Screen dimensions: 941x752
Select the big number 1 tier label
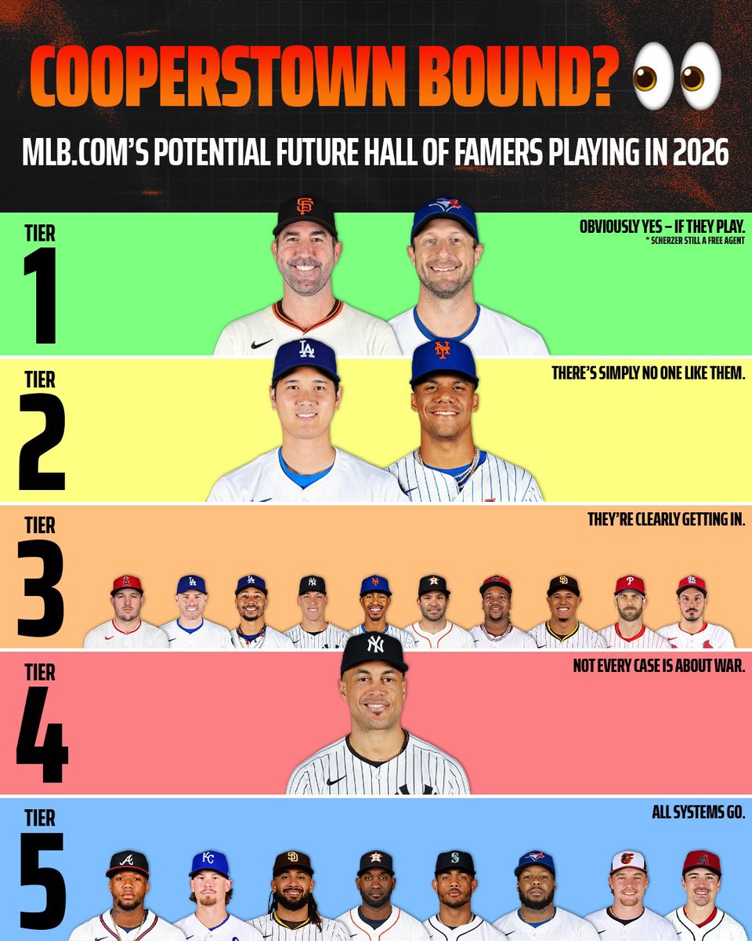(40, 295)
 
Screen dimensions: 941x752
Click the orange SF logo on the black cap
(305, 206)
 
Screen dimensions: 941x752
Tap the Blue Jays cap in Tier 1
(444, 215)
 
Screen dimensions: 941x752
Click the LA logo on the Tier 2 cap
(306, 350)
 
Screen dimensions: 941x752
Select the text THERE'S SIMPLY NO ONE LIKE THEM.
(648, 373)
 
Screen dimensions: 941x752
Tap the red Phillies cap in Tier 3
(630, 585)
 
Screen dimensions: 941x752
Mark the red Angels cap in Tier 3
(127, 583)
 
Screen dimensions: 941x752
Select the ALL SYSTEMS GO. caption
(698, 813)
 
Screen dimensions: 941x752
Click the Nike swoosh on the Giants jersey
(262, 343)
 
